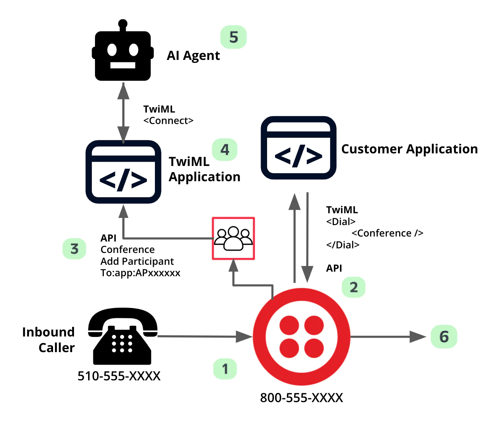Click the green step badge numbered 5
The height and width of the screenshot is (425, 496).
click(x=234, y=37)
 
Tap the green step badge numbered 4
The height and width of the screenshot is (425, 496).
click(x=225, y=150)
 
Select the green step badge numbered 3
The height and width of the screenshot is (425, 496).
click(x=74, y=249)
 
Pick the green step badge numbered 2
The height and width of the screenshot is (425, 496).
click(x=354, y=287)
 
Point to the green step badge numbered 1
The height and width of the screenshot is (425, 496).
click(x=225, y=369)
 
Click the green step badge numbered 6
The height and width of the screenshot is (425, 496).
click(x=444, y=336)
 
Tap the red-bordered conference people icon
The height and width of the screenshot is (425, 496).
click(x=234, y=238)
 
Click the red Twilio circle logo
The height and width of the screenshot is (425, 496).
click(x=302, y=336)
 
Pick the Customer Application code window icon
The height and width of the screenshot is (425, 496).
click(x=298, y=148)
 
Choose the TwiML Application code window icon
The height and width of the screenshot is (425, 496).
click(x=123, y=172)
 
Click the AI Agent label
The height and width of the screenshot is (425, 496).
click(x=193, y=56)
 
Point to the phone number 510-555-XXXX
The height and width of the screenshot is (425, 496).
click(x=119, y=376)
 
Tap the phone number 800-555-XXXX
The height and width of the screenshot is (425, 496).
click(x=301, y=398)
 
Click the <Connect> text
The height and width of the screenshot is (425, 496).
click(x=168, y=121)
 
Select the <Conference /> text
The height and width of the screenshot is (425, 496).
click(x=387, y=233)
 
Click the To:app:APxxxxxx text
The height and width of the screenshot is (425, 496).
click(x=140, y=273)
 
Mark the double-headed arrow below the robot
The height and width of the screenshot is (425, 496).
click(x=123, y=113)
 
